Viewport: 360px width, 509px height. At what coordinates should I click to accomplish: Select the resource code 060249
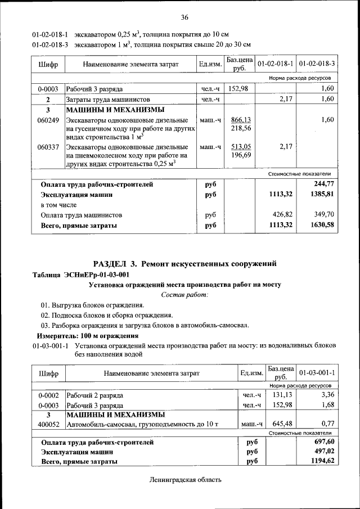48,120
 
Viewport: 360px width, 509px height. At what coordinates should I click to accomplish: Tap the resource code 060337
48,147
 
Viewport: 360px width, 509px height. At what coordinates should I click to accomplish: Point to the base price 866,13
240,120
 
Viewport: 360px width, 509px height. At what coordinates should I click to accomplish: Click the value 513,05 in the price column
240,147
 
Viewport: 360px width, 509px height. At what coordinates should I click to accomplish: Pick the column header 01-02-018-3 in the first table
317,64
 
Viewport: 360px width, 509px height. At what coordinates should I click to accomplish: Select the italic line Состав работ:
184,294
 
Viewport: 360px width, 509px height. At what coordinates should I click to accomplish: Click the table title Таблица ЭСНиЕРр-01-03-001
81,274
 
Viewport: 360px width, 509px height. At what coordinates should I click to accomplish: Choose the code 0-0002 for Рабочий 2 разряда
48,395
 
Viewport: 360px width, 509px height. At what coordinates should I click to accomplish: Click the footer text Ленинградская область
185,480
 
